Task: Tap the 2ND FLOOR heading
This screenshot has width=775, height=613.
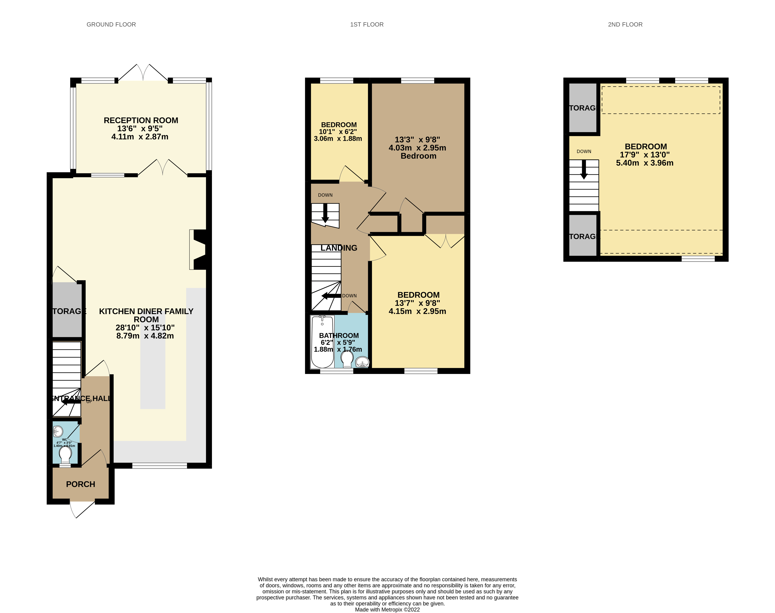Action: pos(625,24)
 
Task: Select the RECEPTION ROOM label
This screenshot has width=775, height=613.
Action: pos(141,120)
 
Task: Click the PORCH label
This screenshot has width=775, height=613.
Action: pos(80,484)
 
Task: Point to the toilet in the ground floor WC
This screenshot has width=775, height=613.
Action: pos(65,454)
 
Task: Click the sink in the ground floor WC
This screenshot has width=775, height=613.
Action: pos(58,431)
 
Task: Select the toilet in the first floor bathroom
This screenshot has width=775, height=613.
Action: pos(347,358)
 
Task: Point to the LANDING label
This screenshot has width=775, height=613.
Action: pos(339,248)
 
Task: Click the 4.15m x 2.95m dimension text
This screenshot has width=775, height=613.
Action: pos(417,311)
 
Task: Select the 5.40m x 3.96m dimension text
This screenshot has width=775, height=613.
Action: pos(644,163)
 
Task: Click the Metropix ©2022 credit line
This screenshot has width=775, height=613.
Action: pos(387,609)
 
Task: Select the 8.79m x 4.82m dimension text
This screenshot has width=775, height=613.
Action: pos(145,336)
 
